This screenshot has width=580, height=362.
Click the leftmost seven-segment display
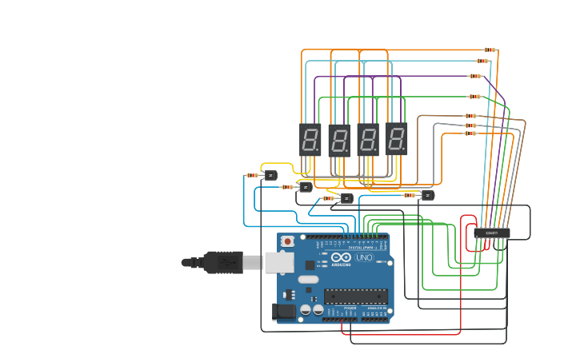(310, 139)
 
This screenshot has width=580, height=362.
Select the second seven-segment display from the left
(339, 139)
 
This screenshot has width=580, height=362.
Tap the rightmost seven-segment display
(396, 139)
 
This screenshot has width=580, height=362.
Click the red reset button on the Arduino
(287, 240)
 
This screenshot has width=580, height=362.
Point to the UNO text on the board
(363, 257)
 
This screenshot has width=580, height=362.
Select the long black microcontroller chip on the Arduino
(356, 296)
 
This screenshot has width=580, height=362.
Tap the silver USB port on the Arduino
(278, 261)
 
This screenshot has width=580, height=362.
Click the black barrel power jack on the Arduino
(282, 312)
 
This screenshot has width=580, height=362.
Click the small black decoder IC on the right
(491, 233)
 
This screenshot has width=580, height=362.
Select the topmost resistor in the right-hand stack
(489, 50)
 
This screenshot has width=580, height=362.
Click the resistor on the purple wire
(475, 76)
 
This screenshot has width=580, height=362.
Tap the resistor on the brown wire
(470, 116)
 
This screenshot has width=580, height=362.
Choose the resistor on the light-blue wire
(482, 61)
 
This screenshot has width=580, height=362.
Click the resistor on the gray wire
(470, 125)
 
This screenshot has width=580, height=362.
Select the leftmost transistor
(270, 175)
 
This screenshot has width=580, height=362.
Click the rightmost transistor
(427, 195)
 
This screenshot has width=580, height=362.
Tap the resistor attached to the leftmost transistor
(252, 175)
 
